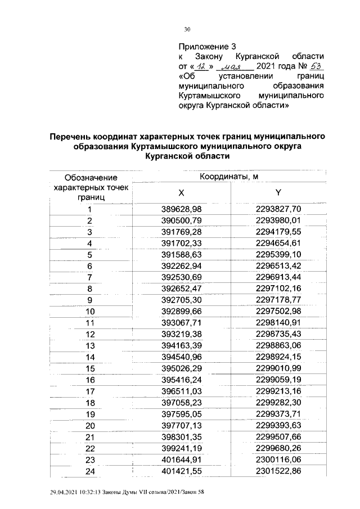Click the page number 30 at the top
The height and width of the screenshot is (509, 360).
point(188,30)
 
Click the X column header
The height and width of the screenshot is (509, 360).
point(181,193)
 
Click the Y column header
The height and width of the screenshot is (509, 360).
point(279,193)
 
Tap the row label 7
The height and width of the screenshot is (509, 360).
point(89,278)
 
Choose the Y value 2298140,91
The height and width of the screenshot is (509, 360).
point(278,323)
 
